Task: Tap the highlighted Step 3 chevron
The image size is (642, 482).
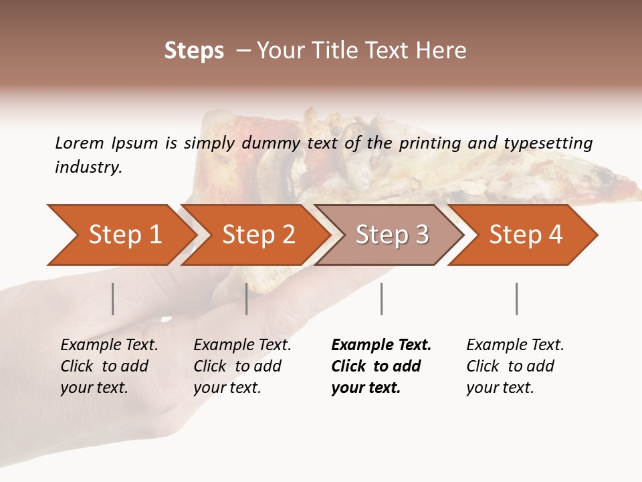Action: [391, 235]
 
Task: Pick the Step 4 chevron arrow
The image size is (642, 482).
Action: [525, 235]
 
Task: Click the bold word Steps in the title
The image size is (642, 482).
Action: [194, 51]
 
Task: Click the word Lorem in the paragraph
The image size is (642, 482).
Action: [80, 143]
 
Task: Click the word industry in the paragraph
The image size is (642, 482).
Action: [88, 167]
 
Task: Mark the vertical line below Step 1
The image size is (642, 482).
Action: [113, 299]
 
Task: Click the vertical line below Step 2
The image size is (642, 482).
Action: [247, 299]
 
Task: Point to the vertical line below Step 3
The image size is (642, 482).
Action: [381, 299]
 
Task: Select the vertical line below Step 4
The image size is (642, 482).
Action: [516, 299]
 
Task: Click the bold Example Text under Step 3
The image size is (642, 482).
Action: [381, 345]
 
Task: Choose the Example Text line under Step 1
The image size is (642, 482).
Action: [109, 345]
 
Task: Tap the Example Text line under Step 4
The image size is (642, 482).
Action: [515, 345]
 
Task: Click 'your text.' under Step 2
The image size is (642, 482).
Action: [227, 388]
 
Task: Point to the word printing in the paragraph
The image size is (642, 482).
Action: [431, 143]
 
